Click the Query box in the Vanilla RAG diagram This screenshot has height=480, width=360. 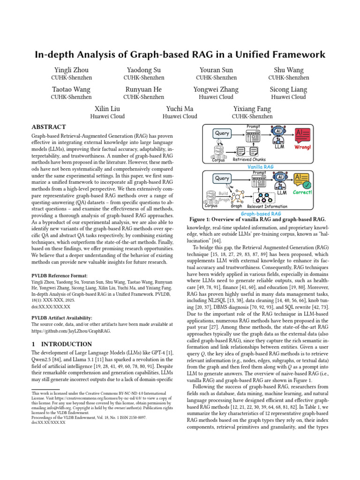[x=222, y=134]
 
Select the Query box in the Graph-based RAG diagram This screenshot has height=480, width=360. [x=222, y=179]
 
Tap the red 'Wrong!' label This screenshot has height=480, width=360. [x=303, y=147]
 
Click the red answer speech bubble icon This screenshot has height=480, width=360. [x=302, y=135]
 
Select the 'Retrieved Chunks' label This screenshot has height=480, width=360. [x=253, y=159]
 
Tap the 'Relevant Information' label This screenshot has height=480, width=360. [x=268, y=206]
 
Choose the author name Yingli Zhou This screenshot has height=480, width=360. [x=71, y=69]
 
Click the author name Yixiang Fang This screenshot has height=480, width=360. [x=252, y=109]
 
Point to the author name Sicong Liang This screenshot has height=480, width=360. [x=288, y=89]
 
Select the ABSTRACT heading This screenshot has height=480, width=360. [x=49, y=127]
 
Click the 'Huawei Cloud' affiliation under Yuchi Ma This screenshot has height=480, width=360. [x=180, y=117]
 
